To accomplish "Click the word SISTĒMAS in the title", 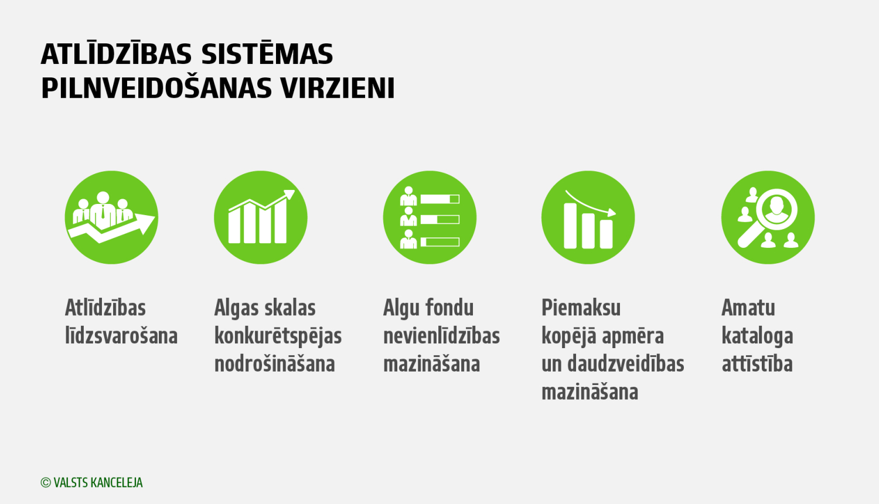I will coord(267,55).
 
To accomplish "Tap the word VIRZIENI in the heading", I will coord(338,88).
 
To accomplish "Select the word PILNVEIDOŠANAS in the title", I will coord(156,88).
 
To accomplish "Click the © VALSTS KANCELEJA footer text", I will coord(92,482).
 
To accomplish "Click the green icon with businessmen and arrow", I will coord(111,217).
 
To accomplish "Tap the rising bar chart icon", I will coord(261,217).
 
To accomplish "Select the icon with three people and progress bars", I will coord(430,217).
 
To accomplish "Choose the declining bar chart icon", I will coord(588,217).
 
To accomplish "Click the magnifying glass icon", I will coord(768,217).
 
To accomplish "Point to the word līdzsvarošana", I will coord(121,336).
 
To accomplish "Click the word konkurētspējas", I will coord(278,336).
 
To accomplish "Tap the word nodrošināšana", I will coord(274,364).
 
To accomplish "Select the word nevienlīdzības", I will coord(441,336).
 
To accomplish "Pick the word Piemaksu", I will coord(581,308).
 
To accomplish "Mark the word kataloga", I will coord(757,336).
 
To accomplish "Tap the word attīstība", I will coord(757,364).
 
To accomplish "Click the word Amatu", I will coord(748,308).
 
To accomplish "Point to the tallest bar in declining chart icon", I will coord(570,226).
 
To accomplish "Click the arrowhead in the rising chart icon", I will coord(289,195).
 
